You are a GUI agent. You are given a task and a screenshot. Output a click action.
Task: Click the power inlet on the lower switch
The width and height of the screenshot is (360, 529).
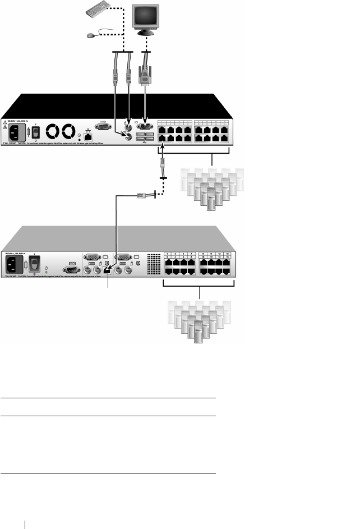click(15, 265)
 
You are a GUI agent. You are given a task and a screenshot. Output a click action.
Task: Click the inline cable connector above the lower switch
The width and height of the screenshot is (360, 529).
click(142, 196)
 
